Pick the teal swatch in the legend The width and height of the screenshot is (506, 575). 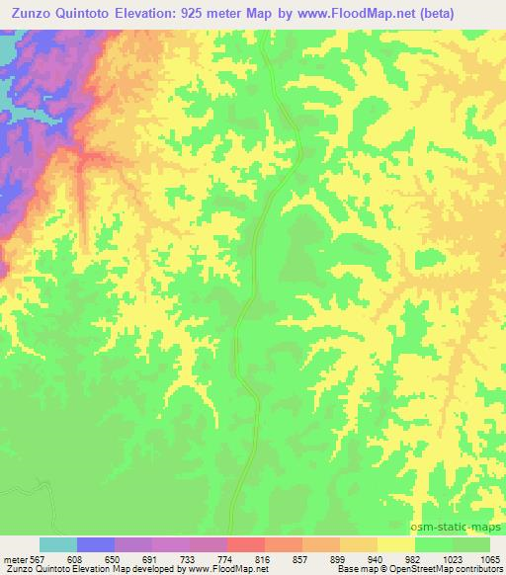pyautogui.click(x=58, y=544)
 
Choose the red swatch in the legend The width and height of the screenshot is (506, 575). pyautogui.click(x=246, y=544)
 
